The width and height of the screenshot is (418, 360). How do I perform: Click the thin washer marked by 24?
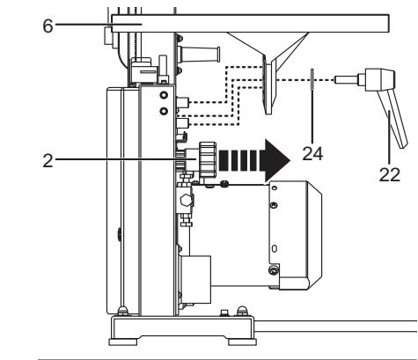(312, 79)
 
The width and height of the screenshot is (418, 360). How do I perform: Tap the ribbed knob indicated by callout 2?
(209, 161)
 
